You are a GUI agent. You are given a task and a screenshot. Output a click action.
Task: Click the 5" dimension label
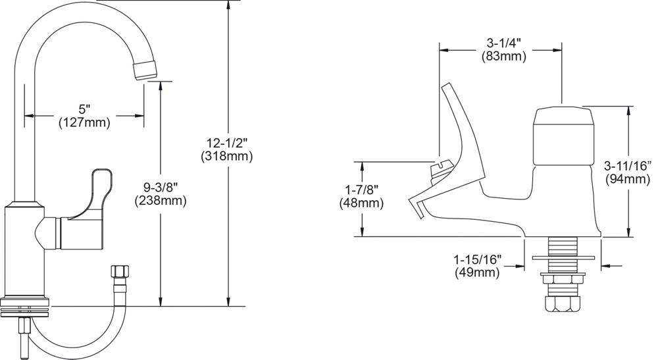click(84, 109)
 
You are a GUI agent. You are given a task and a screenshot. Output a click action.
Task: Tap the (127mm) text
click(84, 122)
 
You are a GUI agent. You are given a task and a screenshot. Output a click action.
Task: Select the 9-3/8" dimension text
click(160, 188)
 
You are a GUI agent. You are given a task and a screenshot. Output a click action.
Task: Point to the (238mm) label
click(160, 201)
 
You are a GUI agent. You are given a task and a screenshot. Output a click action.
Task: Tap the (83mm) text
click(501, 57)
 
